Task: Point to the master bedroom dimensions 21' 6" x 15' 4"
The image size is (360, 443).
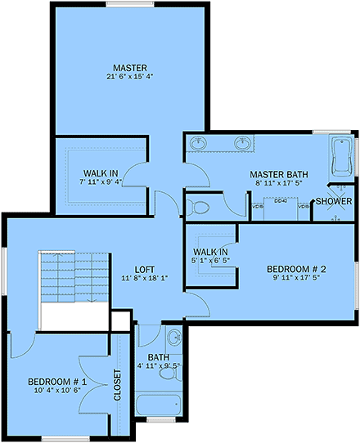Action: (x=129, y=76)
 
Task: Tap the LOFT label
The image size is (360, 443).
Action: (x=146, y=268)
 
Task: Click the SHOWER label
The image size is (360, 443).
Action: (x=334, y=201)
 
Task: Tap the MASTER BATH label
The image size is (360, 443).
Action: (x=278, y=174)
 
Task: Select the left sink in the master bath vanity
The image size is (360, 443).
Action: (x=197, y=144)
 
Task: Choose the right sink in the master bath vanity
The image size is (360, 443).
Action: (x=242, y=144)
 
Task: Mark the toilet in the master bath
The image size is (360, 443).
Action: (x=195, y=205)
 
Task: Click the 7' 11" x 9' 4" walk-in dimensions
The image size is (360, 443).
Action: (x=100, y=182)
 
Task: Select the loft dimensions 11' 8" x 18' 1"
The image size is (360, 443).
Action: (x=146, y=279)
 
